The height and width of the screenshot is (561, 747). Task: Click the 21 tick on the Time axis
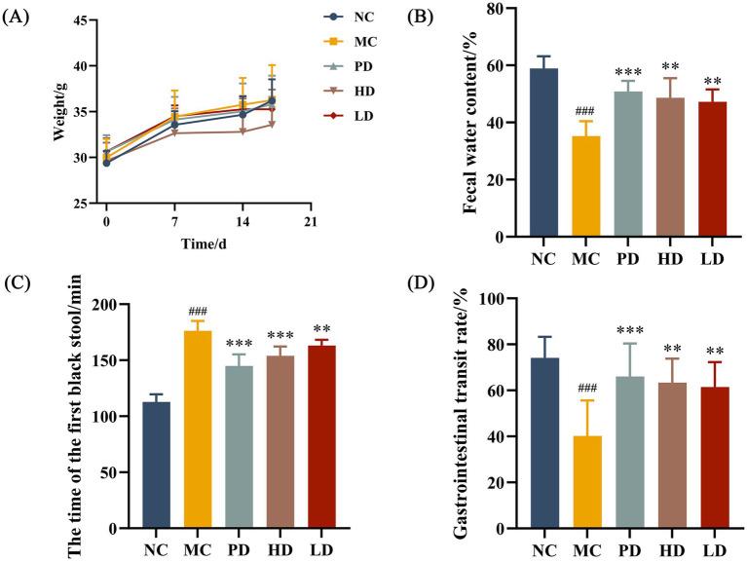(x=310, y=222)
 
